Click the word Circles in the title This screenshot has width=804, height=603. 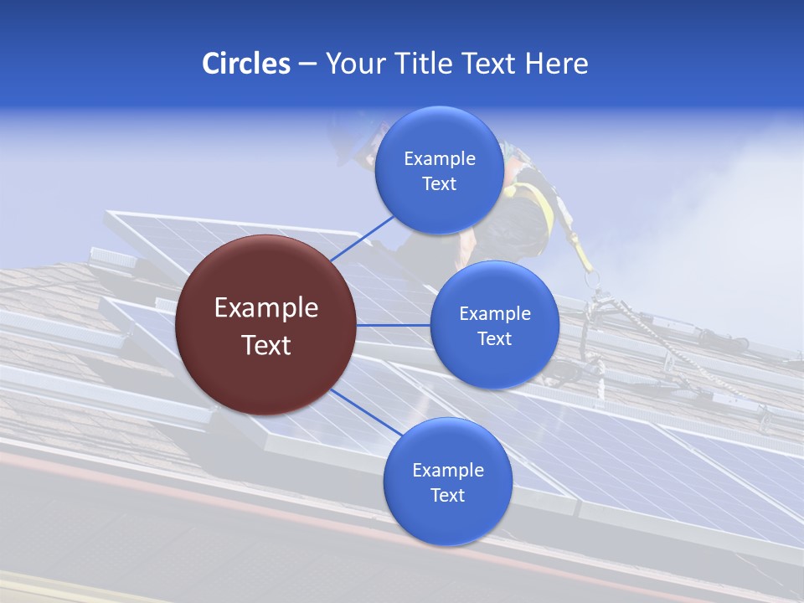coord(246,64)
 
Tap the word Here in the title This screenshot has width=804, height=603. coord(556,64)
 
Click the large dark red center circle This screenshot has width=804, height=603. coord(266,325)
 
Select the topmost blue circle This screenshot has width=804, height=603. coord(439,171)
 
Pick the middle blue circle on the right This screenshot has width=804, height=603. coord(494,325)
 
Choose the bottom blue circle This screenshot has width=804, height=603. coord(447,482)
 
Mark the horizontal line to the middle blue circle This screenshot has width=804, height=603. coord(394,325)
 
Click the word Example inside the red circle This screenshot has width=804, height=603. coord(266,307)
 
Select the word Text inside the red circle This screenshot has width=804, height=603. coord(266,344)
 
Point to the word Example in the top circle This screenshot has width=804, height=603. coord(439,158)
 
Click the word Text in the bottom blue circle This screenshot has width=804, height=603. coord(447,495)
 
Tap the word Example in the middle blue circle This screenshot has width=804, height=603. coord(494,313)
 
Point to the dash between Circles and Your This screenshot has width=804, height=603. coord(307,64)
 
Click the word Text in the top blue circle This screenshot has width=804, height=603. coord(439,183)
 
